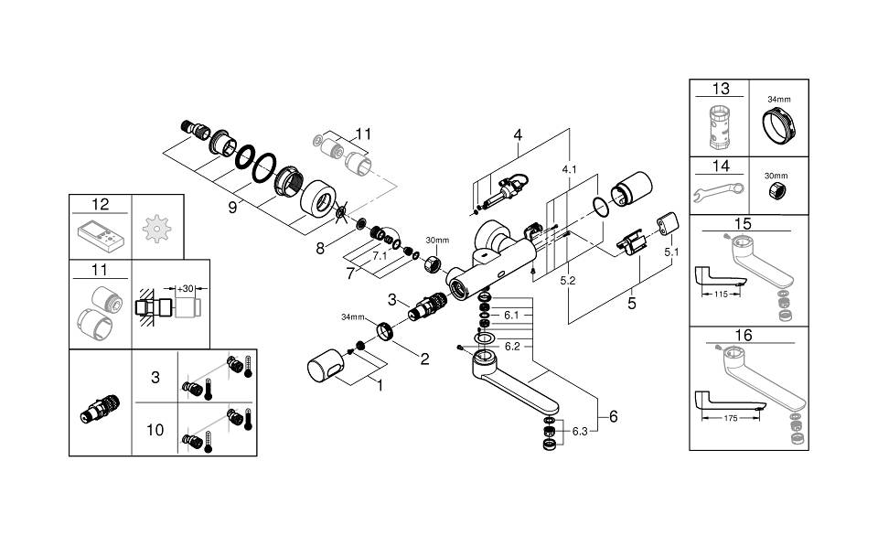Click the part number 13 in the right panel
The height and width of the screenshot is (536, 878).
(721, 89)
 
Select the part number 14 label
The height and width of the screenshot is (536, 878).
(721, 166)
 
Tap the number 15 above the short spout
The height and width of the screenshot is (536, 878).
(743, 223)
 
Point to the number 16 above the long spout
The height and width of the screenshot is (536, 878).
(743, 336)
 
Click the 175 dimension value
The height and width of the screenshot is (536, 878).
(729, 418)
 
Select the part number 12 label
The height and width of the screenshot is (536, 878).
(100, 203)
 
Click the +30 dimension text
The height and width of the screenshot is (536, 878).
(187, 288)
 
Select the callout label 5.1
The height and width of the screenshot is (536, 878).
(671, 251)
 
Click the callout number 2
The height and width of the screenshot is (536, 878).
(423, 359)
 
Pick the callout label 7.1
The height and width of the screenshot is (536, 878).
(379, 257)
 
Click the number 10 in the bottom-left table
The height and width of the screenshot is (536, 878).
(155, 429)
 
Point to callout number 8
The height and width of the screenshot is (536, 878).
(319, 247)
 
